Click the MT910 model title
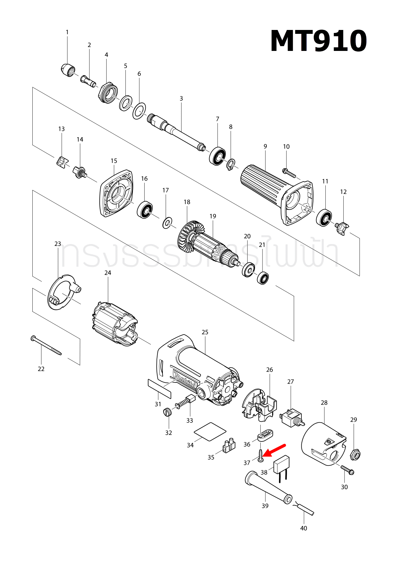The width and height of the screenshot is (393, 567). (x=318, y=41)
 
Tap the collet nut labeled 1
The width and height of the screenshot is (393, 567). (x=68, y=70)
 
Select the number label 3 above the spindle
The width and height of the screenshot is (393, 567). (x=181, y=99)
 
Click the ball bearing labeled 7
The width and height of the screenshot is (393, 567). (x=217, y=156)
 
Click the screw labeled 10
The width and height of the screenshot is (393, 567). (x=289, y=173)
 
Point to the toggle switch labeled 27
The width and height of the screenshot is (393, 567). (x=291, y=418)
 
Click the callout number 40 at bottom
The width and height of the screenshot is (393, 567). (x=304, y=528)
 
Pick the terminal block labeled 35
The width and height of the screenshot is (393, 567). (x=229, y=446)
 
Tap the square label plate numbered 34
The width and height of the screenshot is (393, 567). (x=210, y=431)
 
